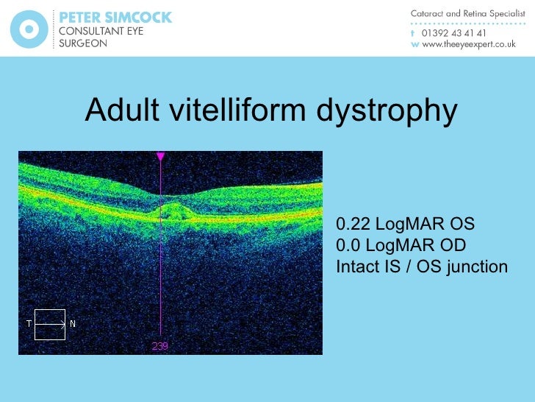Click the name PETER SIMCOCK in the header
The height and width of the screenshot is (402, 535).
tap(115, 17)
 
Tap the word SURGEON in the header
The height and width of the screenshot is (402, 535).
tap(82, 43)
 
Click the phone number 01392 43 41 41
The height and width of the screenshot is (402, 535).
tap(453, 33)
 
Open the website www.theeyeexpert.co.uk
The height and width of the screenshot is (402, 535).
tap(468, 44)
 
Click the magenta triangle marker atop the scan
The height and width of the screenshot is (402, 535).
tap(161, 156)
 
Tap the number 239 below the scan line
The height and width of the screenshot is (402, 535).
tap(160, 345)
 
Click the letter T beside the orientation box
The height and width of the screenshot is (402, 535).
tap(29, 324)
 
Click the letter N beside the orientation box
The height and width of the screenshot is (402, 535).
tap(73, 324)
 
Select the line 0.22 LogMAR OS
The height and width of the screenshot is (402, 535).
tap(405, 224)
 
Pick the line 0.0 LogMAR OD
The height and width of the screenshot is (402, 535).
tap(401, 245)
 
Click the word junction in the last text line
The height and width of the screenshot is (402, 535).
tap(476, 267)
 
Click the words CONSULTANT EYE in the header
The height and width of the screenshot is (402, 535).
tap(101, 31)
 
